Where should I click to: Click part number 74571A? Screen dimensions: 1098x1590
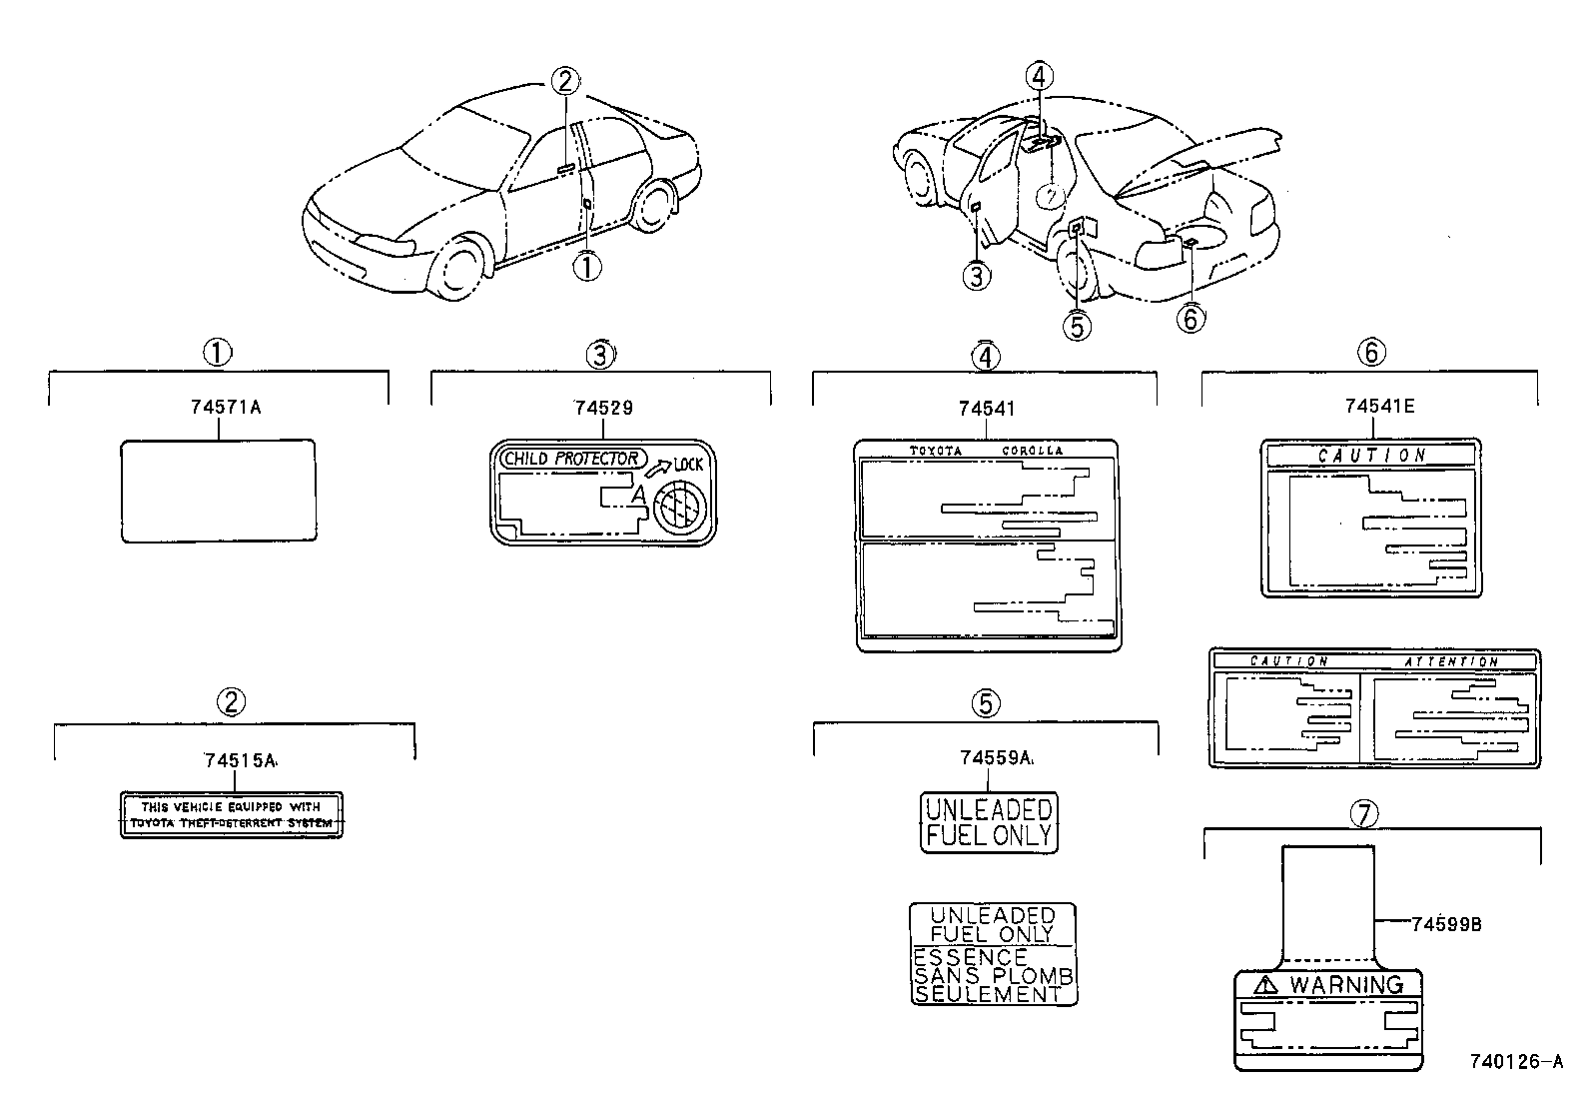[x=225, y=408]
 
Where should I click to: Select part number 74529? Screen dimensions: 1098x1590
[x=603, y=408]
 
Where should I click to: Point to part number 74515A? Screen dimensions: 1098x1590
[x=240, y=760]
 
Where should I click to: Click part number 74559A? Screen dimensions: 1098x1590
[x=995, y=758]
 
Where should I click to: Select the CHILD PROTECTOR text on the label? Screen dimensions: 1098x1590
[x=571, y=459]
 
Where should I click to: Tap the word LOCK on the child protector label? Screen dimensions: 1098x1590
[x=688, y=465]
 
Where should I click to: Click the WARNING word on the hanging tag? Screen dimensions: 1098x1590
[x=1345, y=984]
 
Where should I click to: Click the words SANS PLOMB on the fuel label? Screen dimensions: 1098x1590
[x=993, y=975]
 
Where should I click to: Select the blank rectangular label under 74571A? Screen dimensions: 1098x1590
[x=219, y=491]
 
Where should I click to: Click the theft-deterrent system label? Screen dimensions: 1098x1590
[x=232, y=815]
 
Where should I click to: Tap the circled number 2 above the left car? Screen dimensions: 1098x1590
[x=564, y=80]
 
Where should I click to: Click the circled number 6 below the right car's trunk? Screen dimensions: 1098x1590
[x=1190, y=318]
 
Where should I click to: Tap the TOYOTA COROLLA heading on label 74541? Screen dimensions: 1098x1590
[x=986, y=451]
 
